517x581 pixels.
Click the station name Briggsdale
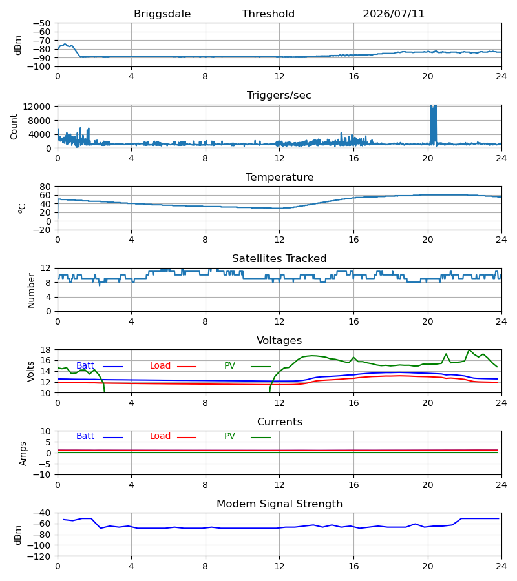tap(162, 14)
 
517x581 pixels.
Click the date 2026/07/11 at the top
tap(394, 14)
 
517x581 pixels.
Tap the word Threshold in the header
tap(268, 14)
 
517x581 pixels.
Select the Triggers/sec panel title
tap(279, 96)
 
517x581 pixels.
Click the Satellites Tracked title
tap(279, 259)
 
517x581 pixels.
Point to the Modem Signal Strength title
tap(279, 504)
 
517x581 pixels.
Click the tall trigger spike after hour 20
tap(433, 124)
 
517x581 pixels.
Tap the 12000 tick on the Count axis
tap(37, 107)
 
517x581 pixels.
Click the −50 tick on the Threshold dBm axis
tap(41, 23)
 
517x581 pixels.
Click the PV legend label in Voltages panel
tap(229, 366)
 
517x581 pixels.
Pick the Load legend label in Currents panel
tap(160, 436)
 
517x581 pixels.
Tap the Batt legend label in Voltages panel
tap(85, 366)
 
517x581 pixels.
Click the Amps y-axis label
tap(23, 453)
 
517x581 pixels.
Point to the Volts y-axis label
tap(30, 372)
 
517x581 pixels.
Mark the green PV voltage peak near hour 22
tap(470, 350)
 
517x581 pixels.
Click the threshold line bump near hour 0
tap(65, 44)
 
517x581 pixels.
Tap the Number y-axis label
tap(31, 290)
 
